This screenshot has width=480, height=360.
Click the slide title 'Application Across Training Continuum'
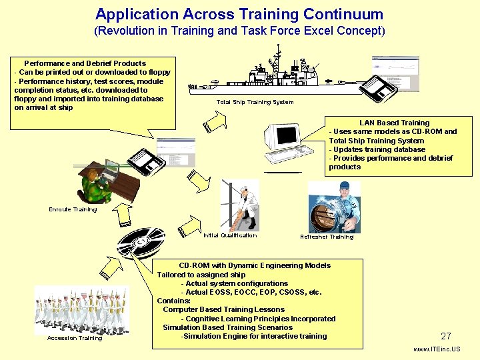(x=239, y=14)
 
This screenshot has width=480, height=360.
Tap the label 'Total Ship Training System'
(x=255, y=102)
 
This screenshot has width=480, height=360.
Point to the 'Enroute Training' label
(x=73, y=209)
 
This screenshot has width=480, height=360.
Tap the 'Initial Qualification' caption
(x=229, y=235)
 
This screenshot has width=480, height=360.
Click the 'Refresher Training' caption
(x=327, y=237)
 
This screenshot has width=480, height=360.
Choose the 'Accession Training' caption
(x=75, y=338)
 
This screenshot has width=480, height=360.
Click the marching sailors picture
(x=81, y=310)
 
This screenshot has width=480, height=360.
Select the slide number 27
(x=446, y=337)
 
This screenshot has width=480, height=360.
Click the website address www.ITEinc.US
(x=437, y=349)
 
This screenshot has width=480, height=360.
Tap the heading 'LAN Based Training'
(x=394, y=123)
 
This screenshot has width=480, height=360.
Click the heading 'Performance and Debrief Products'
(x=85, y=63)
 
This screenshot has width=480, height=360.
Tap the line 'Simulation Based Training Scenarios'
(x=227, y=327)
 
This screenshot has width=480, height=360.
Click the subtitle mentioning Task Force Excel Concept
(x=239, y=31)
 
